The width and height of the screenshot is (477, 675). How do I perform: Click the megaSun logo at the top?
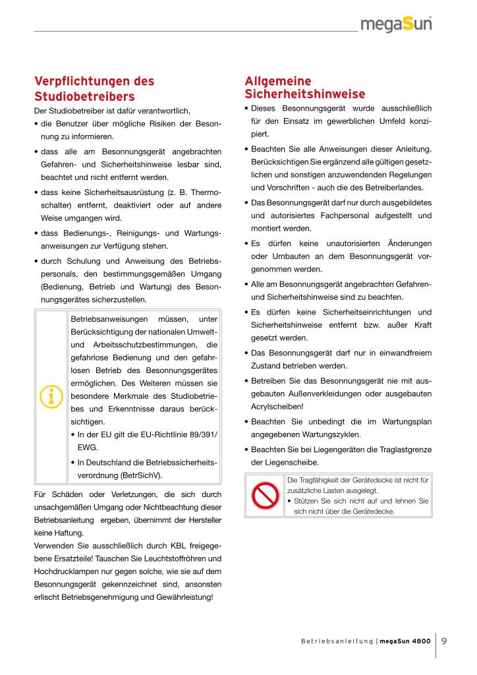[x=405, y=25]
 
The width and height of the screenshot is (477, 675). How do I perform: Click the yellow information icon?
[x=51, y=396]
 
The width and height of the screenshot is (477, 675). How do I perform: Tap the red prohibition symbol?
[x=266, y=495]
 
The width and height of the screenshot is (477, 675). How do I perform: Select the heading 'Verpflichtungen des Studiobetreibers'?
[x=94, y=89]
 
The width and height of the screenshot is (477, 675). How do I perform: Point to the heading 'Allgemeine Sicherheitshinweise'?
[x=304, y=87]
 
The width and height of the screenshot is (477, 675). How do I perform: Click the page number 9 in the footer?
[x=445, y=639]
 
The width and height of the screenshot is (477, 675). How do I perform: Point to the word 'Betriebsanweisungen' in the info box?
[x=109, y=319]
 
